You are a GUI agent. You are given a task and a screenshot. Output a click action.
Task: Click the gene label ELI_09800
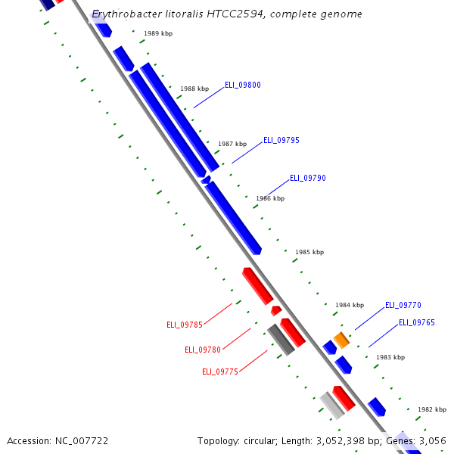(x=242, y=85)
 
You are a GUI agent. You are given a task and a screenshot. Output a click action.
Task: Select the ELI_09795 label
(x=281, y=140)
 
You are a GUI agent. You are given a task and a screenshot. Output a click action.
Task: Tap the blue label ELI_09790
(x=307, y=178)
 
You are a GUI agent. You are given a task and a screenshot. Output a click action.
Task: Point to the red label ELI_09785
(x=185, y=325)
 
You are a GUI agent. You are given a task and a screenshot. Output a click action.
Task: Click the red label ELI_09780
(x=203, y=350)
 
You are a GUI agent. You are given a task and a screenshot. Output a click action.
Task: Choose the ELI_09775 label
(x=220, y=372)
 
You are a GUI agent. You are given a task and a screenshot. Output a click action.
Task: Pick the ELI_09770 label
(x=403, y=305)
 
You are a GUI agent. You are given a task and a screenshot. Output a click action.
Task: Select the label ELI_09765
(x=416, y=322)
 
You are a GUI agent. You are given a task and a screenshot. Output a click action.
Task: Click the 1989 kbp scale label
(x=158, y=34)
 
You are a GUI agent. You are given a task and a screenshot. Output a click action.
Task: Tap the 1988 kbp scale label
(x=194, y=89)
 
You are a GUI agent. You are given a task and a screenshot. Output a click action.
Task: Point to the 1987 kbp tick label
(x=232, y=144)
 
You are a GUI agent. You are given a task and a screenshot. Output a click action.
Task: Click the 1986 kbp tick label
(x=270, y=198)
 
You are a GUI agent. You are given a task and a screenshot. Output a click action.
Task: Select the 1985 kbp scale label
(x=309, y=252)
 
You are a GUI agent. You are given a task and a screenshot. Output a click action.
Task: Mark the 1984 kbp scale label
(x=350, y=305)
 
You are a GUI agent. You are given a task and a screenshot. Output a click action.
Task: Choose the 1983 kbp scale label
(x=390, y=357)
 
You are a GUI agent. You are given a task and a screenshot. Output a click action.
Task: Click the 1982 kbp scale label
(x=431, y=409)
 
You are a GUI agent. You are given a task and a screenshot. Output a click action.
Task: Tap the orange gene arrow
(x=342, y=340)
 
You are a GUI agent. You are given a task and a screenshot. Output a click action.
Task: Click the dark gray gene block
(x=281, y=340)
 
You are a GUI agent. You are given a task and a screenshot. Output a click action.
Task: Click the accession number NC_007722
(x=79, y=440)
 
